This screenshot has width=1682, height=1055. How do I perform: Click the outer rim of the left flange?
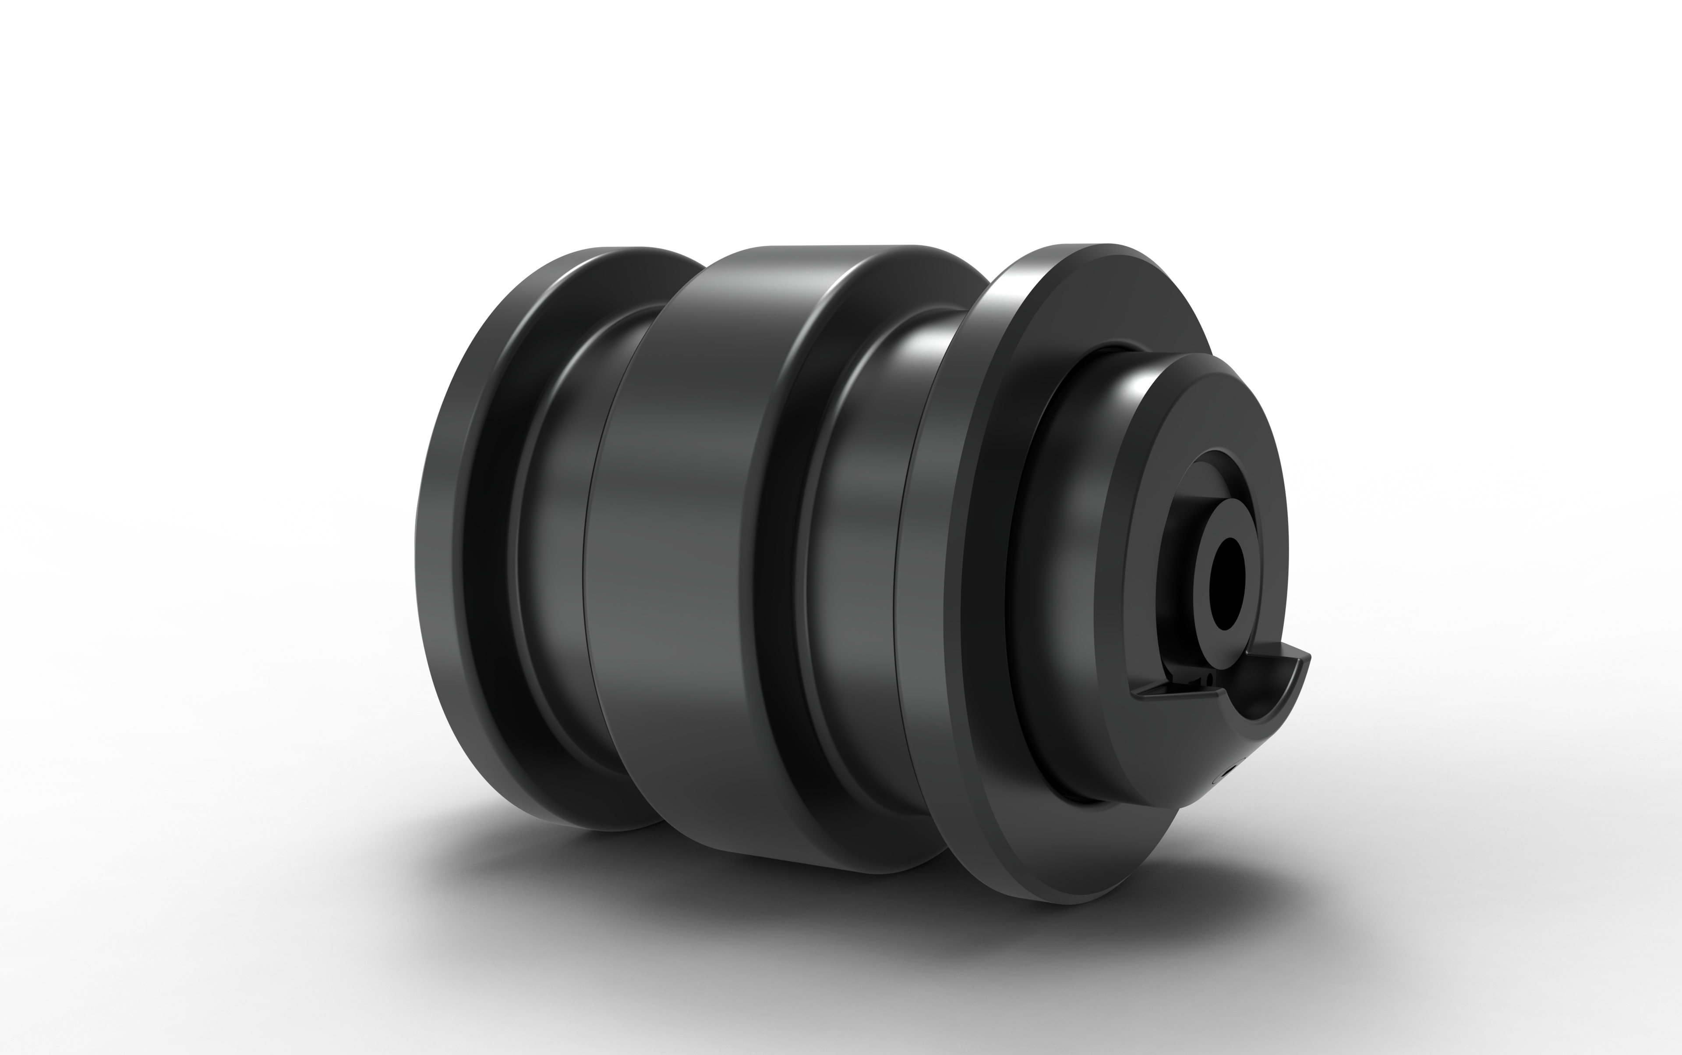[446, 558]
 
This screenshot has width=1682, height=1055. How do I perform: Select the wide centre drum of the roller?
[697, 558]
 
